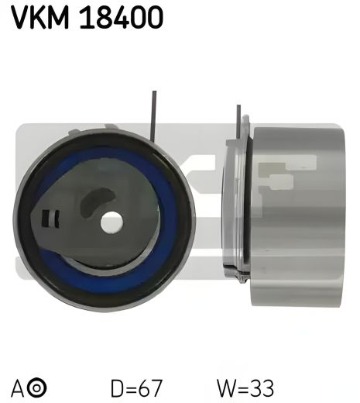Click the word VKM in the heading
point(40,16)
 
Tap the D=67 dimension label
point(137,385)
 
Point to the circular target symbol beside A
point(38,386)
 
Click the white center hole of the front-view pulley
point(111,222)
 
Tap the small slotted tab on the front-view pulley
point(51,219)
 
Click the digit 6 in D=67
point(146,385)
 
